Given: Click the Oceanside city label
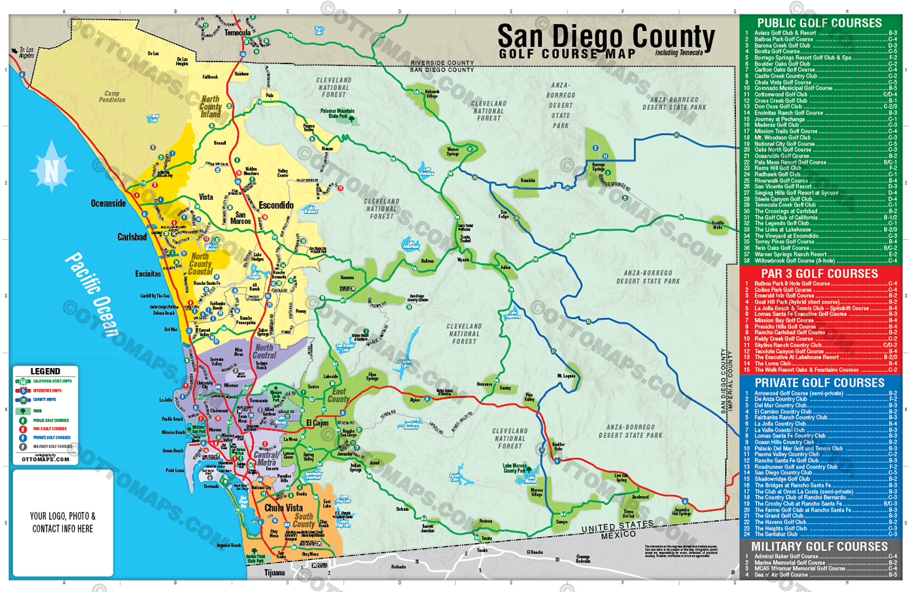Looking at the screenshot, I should tap(108, 204).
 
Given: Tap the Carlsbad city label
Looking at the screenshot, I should tap(132, 237).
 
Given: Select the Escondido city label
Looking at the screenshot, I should tap(275, 205).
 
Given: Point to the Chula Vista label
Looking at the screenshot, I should tap(283, 508).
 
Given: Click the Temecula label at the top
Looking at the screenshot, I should tap(238, 33).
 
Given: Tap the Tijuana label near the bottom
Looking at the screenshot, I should tap(274, 572).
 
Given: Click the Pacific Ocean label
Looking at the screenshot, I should tap(92, 295).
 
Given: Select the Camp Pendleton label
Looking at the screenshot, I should tap(112, 97).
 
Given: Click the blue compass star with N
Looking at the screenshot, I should tap(51, 171).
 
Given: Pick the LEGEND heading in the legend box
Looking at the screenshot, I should tap(45, 371).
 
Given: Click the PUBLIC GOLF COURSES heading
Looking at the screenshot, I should tap(819, 23).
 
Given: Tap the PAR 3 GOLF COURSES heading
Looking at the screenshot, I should tap(819, 274).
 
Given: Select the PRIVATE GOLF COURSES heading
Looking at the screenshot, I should tap(819, 382).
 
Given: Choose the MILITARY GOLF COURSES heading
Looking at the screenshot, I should tap(819, 546).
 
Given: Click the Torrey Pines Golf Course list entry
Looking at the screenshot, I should tap(784, 242).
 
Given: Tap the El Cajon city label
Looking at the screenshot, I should tap(317, 423).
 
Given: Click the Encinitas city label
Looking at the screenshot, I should tap(148, 274).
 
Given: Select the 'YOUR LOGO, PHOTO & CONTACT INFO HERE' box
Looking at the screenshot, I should tap(63, 522).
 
